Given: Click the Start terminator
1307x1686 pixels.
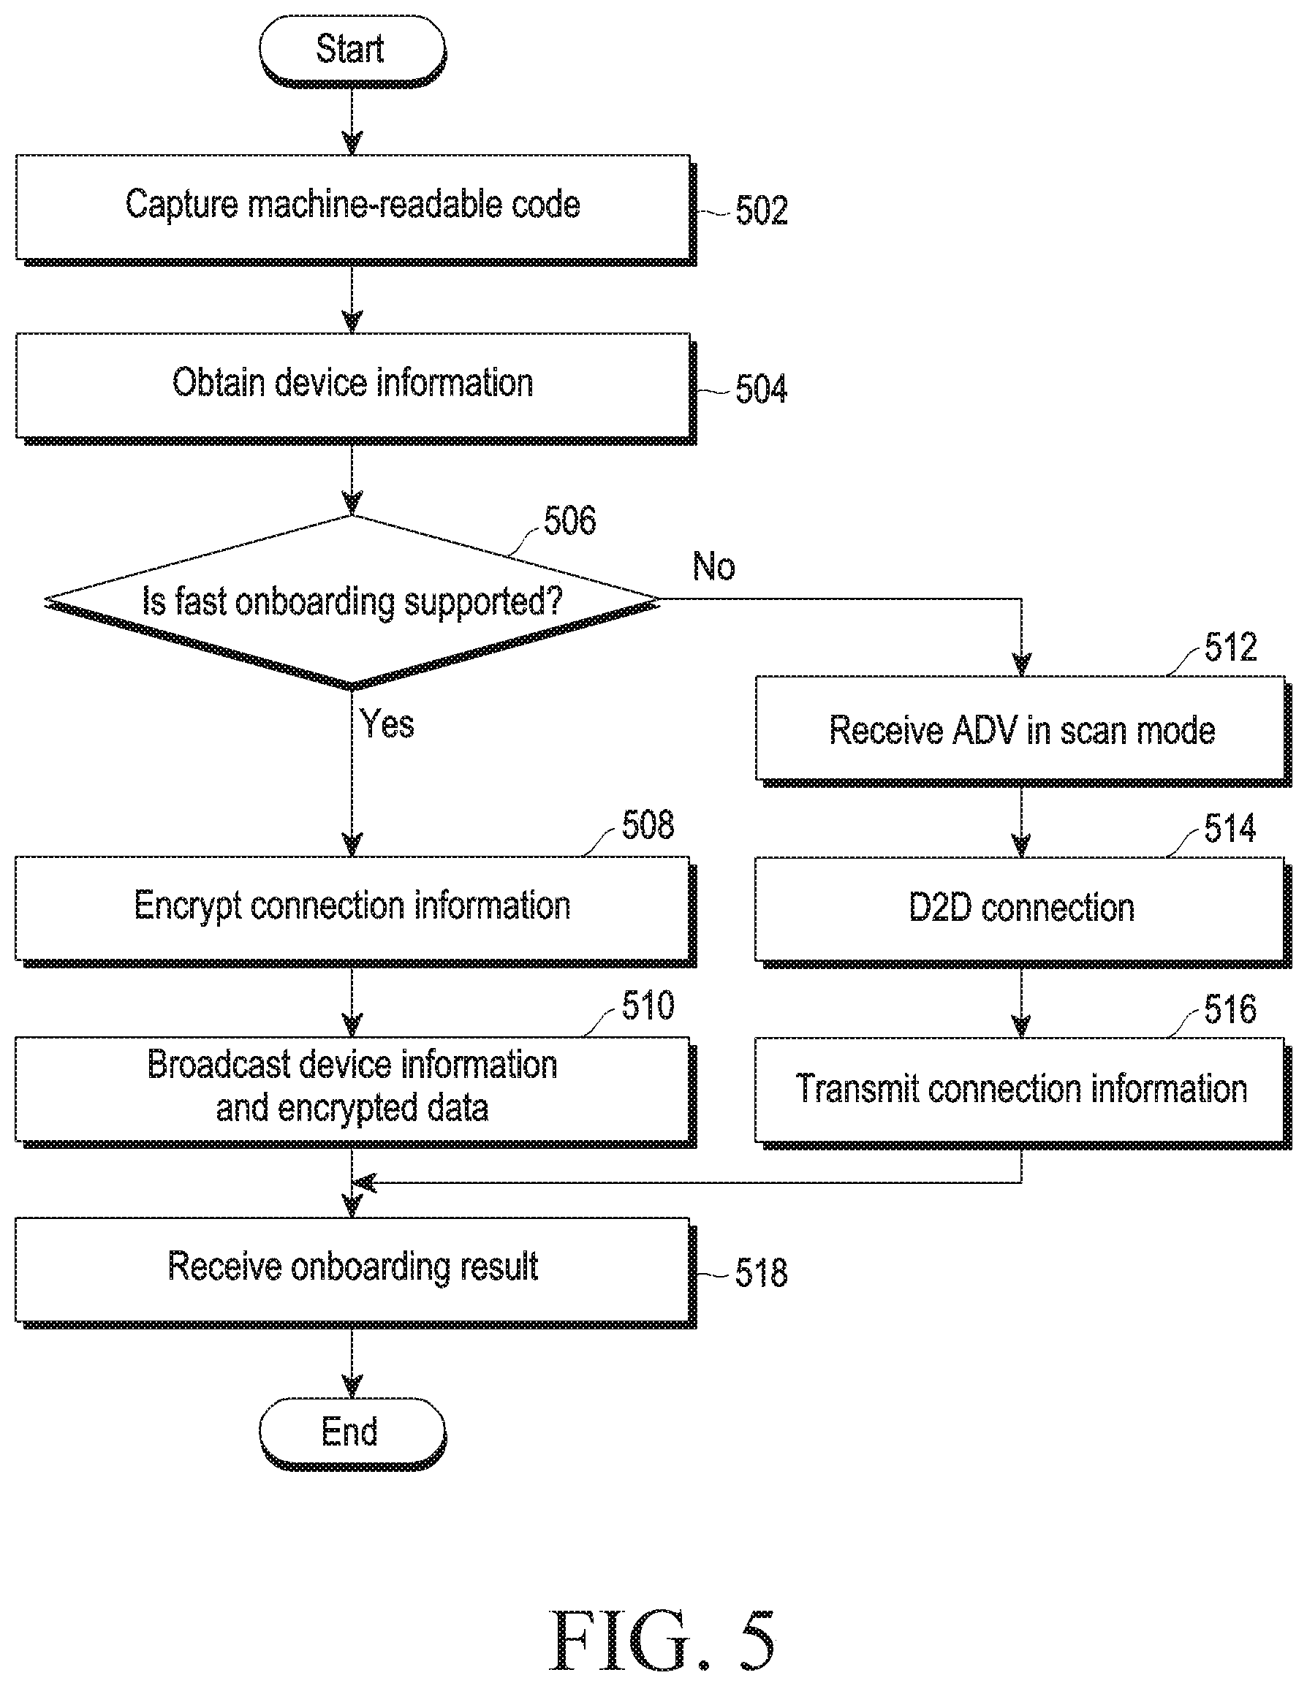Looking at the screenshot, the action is (352, 50).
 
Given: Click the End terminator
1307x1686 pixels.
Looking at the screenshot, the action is (352, 1433).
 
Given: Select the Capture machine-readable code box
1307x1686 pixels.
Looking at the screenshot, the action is (355, 209).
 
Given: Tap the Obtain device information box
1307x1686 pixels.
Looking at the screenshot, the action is (355, 387).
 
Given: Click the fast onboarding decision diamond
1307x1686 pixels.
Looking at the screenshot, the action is (352, 601).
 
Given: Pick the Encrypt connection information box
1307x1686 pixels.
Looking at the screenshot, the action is (355, 911).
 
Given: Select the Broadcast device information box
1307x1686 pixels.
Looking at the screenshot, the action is (355, 1091).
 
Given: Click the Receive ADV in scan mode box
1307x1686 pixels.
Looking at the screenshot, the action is (1022, 730).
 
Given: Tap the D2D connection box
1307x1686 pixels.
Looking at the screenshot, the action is (1022, 911).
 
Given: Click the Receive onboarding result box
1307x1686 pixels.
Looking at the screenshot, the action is (355, 1272).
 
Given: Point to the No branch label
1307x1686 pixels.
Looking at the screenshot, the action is (714, 566).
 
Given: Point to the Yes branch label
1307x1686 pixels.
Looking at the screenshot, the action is (387, 724).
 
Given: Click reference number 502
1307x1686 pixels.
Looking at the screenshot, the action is (761, 210).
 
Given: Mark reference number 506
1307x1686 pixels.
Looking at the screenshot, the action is (569, 521).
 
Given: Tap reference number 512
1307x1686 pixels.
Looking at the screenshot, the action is (1230, 647).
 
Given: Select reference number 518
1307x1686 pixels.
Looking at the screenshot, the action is (761, 1273).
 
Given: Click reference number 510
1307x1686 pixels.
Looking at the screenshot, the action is (648, 1006).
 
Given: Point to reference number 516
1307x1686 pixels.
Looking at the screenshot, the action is (1230, 1010).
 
